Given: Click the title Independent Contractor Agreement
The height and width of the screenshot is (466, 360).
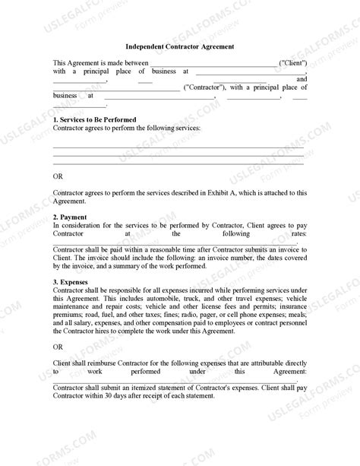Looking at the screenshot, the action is click(x=179, y=46).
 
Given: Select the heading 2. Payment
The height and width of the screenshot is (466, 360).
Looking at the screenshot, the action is click(x=71, y=217).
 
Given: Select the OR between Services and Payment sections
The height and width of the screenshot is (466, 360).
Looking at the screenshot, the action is click(x=58, y=176).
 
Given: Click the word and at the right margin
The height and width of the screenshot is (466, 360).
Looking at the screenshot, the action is click(x=302, y=79).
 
